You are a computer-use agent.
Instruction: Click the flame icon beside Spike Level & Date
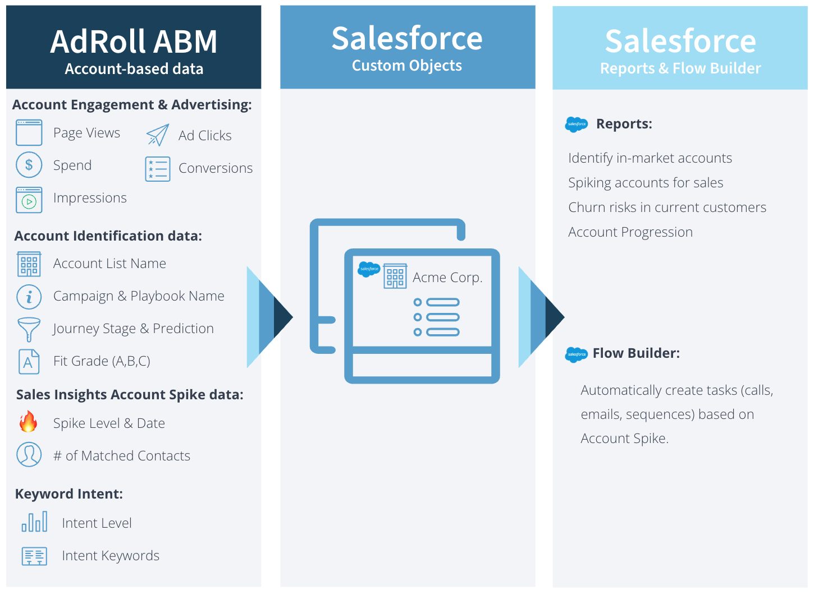click(28, 422)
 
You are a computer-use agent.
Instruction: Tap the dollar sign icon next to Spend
click(29, 165)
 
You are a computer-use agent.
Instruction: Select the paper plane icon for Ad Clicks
click(157, 135)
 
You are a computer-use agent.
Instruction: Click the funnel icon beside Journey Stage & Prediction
click(29, 329)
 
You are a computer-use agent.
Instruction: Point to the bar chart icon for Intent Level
click(34, 522)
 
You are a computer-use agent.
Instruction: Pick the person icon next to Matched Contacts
click(29, 454)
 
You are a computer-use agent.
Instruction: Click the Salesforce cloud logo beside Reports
click(577, 124)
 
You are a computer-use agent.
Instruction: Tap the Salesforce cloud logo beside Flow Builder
click(577, 354)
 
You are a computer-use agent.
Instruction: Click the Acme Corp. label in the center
click(447, 278)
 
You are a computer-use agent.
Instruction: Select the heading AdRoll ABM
click(134, 41)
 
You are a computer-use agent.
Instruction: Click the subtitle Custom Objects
click(407, 66)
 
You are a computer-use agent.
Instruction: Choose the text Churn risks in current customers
click(667, 207)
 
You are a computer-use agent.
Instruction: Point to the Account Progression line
click(630, 232)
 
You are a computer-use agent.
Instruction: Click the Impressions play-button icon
click(29, 200)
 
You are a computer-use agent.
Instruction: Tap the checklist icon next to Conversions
click(158, 169)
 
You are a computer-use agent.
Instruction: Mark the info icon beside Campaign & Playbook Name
click(29, 297)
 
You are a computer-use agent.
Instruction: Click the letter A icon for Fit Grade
click(29, 362)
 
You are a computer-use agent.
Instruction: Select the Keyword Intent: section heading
click(69, 494)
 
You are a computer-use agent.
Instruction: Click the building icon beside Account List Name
click(29, 264)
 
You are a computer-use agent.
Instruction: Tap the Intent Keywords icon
click(34, 556)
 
